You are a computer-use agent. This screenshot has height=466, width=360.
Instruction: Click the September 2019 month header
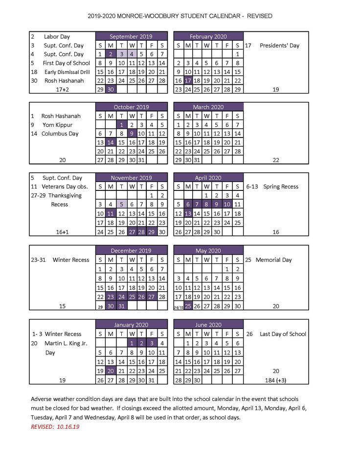coord(131,36)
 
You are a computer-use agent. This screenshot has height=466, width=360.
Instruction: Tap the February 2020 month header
coord(208,36)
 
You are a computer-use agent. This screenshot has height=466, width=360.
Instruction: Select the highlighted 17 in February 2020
coord(188,80)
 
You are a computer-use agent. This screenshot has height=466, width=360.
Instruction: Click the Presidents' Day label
coord(279,46)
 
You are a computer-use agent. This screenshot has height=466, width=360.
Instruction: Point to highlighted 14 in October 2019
coord(111,142)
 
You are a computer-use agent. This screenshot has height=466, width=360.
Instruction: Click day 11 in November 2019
coord(111,213)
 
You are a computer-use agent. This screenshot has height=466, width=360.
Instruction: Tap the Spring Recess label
coord(280,186)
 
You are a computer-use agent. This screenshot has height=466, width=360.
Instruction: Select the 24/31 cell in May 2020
coord(178,307)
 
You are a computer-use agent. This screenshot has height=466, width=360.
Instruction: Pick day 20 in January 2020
coord(111,371)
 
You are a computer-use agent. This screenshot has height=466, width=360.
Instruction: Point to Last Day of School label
coord(283,334)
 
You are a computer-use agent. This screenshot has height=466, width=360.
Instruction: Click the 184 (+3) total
coord(276,380)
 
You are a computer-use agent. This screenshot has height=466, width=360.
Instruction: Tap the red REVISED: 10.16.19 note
coord(55,426)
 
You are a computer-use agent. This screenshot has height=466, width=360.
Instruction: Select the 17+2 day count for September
coord(63,90)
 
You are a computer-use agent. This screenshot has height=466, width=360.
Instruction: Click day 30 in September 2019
coord(111,90)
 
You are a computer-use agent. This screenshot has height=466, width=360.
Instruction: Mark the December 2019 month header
coord(131,251)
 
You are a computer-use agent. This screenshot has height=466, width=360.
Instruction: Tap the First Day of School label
coord(66,63)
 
